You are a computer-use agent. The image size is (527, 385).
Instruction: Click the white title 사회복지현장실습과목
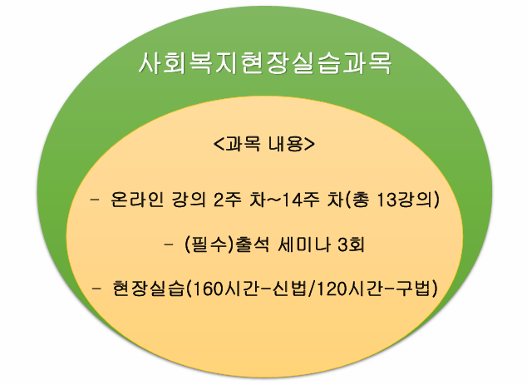click(x=265, y=63)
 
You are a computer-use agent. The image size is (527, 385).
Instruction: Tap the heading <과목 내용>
click(x=264, y=144)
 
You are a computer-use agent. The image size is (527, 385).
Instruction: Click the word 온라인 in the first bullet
click(x=137, y=200)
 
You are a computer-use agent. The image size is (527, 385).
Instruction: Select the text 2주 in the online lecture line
click(x=228, y=200)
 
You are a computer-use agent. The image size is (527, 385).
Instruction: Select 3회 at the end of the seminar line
click(x=352, y=244)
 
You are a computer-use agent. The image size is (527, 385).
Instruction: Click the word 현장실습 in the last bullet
click(x=148, y=289)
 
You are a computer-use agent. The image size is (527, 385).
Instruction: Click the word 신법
click(x=290, y=289)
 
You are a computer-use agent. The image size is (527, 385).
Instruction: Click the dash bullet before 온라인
click(x=95, y=200)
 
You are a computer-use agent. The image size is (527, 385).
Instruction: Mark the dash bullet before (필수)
click(x=169, y=244)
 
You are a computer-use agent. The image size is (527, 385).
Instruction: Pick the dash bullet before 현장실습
click(x=96, y=289)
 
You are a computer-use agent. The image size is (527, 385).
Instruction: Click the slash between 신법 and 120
click(x=313, y=289)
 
